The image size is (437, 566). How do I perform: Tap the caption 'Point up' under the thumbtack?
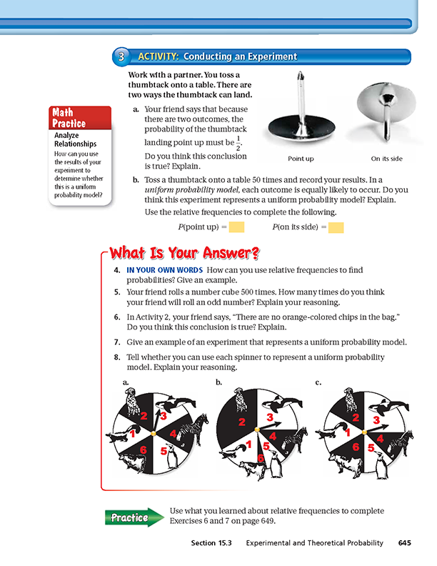pyautogui.click(x=301, y=159)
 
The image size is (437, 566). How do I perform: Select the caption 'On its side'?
pyautogui.click(x=386, y=159)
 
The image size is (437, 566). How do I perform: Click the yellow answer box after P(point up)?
pyautogui.click(x=237, y=227)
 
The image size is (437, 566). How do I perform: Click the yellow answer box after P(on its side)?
pyautogui.click(x=336, y=227)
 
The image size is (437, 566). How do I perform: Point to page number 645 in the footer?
pyautogui.click(x=405, y=544)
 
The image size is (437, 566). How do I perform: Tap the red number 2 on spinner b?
pyautogui.click(x=242, y=423)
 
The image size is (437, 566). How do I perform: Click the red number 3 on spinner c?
pyautogui.click(x=376, y=420)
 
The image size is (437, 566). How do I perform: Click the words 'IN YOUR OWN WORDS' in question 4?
pyautogui.click(x=164, y=271)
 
